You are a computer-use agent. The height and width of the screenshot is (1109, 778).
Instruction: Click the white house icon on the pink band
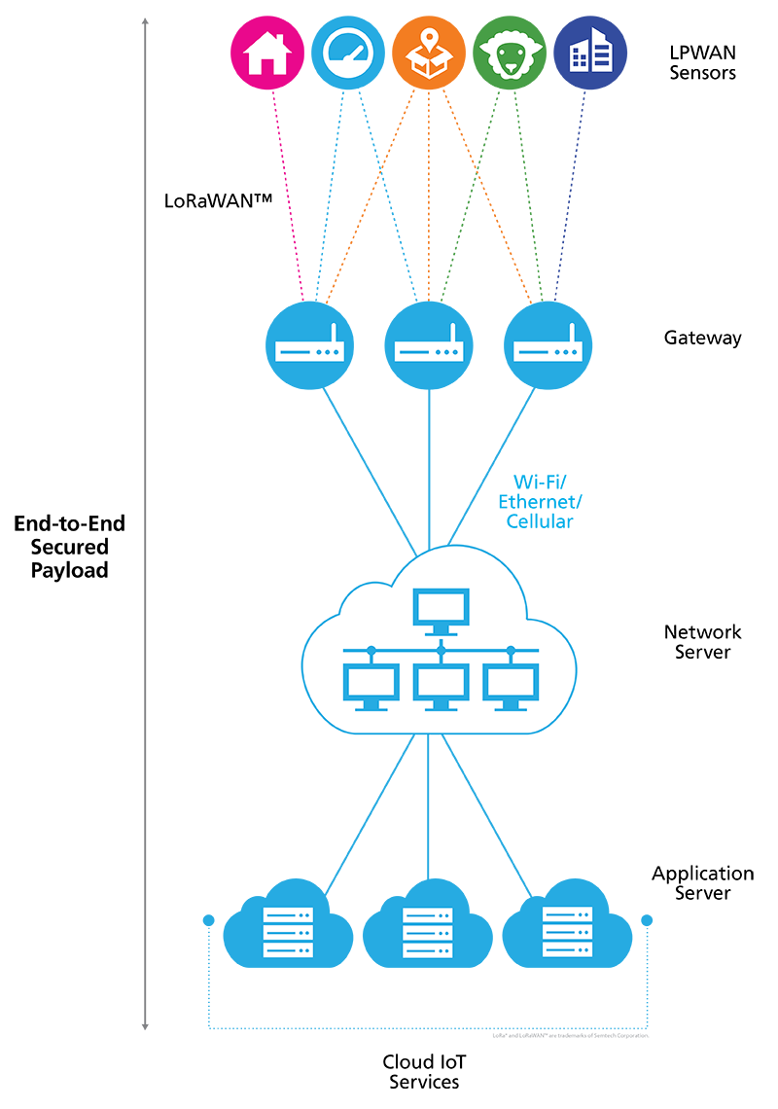tap(267, 54)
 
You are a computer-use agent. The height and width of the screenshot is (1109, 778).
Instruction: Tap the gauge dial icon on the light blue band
tap(347, 54)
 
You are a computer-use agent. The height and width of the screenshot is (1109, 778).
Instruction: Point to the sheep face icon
tap(509, 56)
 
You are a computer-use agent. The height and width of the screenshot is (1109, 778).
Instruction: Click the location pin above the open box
tap(428, 42)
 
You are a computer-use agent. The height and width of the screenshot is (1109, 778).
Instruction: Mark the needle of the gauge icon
tap(355, 48)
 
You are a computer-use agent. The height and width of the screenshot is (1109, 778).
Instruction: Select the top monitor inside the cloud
tap(442, 609)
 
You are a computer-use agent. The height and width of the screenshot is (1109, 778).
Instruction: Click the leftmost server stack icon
tap(288, 932)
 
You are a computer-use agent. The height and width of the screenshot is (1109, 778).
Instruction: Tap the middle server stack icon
tap(427, 932)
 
